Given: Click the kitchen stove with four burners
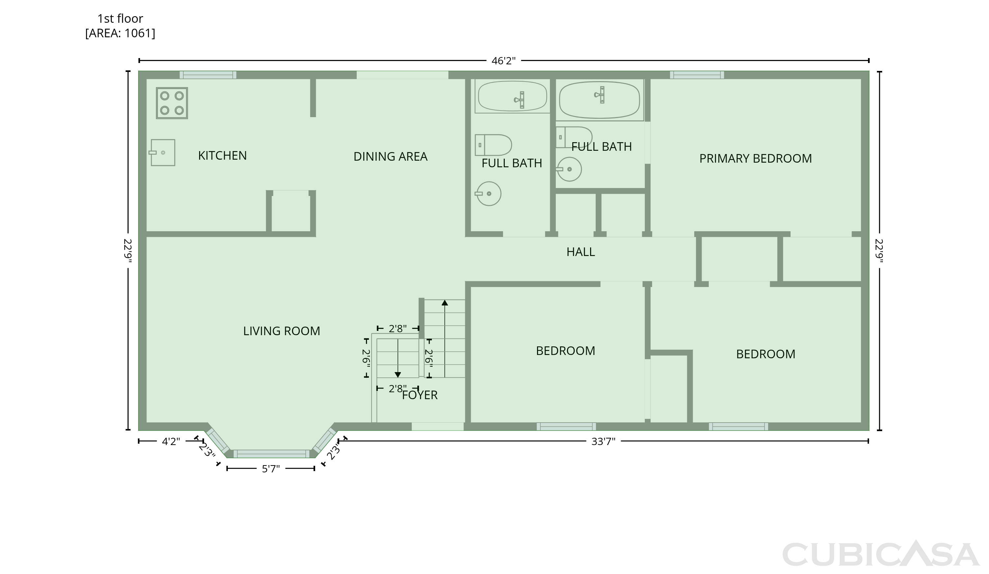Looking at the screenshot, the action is tap(172, 103).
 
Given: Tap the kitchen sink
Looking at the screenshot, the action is tap(162, 152).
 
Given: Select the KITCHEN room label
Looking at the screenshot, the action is tap(223, 156).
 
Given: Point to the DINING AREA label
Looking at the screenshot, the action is tap(391, 157).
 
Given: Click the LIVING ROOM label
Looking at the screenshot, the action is tap(282, 331).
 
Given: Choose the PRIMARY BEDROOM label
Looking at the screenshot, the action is tap(756, 159).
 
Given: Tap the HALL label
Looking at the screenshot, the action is tap(581, 252).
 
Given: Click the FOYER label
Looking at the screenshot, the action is tap(420, 395).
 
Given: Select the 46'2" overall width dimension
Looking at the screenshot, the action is tap(503, 61).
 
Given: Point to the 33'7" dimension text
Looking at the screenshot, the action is tap(604, 442).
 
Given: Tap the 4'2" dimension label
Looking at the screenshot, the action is tap(171, 442).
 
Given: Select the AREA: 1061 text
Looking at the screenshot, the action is tap(120, 33).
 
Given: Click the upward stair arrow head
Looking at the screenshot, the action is tap(445, 303).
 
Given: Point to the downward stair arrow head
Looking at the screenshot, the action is tap(398, 375).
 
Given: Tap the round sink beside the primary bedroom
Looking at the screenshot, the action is tap(569, 169).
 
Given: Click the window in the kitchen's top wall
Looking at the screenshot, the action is tap(208, 75).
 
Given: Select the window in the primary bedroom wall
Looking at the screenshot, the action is tap(697, 75).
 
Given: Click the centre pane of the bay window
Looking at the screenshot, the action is tap(272, 454).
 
